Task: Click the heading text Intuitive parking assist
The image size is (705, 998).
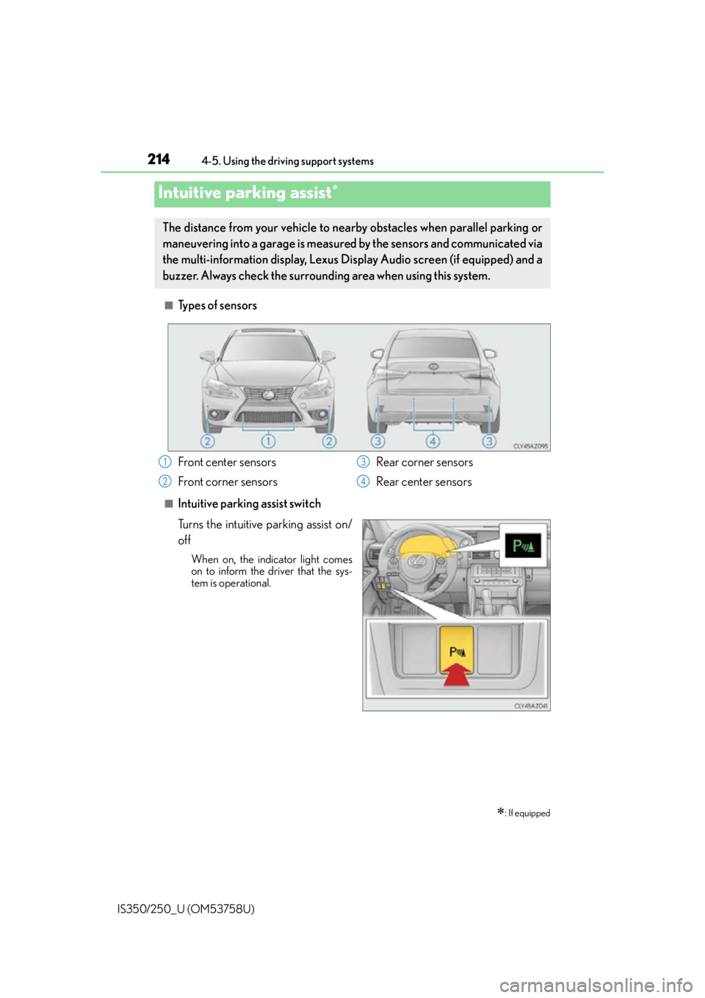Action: [x=245, y=193]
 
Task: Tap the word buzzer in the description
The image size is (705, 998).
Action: [x=179, y=276]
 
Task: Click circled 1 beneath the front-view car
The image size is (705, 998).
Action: [x=269, y=441]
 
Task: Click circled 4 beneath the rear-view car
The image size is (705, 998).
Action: [x=433, y=441]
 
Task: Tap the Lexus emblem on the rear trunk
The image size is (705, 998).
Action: [x=433, y=365]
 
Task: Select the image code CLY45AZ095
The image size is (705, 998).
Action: [x=530, y=445]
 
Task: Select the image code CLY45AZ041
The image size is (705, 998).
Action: [x=530, y=706]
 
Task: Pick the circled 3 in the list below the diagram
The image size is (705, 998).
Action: [x=364, y=462]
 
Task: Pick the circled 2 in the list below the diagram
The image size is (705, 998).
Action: [x=165, y=481]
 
